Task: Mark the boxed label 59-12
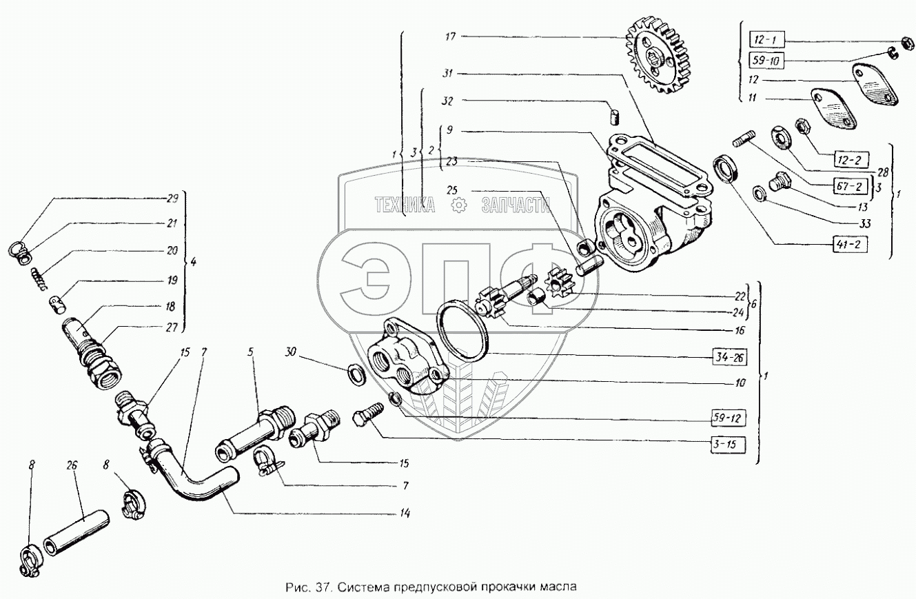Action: [x=730, y=417]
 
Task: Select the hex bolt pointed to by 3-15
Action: [x=365, y=418]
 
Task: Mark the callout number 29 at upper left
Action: [x=172, y=198]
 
